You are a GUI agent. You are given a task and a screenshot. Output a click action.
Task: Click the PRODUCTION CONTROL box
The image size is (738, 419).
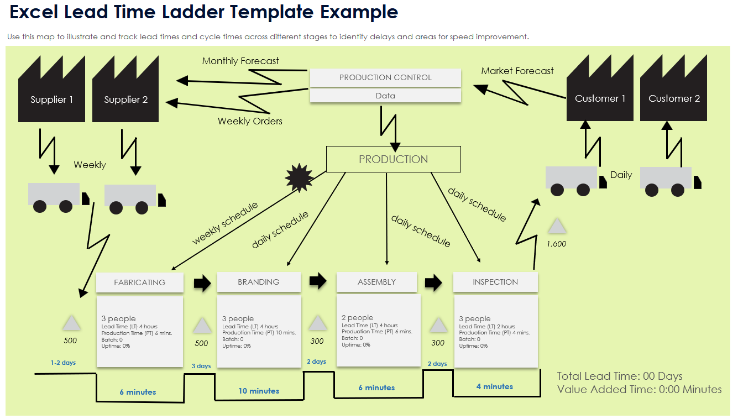click(x=385, y=78)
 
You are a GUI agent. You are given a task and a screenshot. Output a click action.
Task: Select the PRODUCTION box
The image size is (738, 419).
click(x=393, y=159)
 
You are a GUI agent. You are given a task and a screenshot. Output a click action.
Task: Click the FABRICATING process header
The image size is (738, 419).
click(x=139, y=282)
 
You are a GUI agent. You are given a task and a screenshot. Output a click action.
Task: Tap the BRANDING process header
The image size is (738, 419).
click(x=258, y=282)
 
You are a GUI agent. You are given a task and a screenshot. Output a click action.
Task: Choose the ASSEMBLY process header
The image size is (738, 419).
click(x=376, y=282)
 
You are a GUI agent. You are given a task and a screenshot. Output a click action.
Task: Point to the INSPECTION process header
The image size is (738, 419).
click(x=495, y=282)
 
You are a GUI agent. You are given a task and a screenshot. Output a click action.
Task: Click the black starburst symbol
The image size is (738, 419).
click(x=299, y=178)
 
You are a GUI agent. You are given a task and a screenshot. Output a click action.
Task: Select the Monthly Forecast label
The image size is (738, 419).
click(x=240, y=61)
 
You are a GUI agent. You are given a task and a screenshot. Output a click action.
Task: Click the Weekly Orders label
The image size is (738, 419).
click(x=250, y=121)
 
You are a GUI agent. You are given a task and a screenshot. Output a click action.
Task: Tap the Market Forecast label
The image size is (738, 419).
click(x=517, y=71)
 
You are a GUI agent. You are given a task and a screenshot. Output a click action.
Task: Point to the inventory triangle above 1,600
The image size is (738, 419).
click(x=557, y=226)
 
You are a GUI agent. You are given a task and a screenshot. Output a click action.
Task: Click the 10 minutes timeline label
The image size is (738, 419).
click(x=259, y=391)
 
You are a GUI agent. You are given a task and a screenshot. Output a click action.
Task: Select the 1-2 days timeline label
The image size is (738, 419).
click(x=63, y=363)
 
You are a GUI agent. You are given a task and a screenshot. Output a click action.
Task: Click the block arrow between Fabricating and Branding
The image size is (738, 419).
click(x=202, y=283)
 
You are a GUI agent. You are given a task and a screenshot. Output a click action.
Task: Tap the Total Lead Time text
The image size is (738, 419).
click(x=619, y=376)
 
